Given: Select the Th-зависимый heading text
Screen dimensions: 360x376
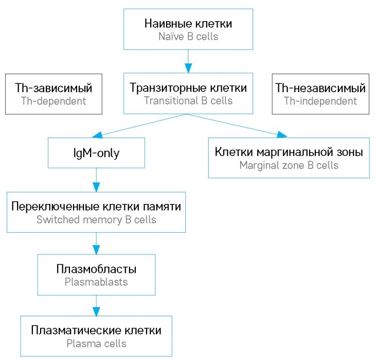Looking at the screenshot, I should click(x=53, y=88).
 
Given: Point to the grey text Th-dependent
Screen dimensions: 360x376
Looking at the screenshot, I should click(x=53, y=101).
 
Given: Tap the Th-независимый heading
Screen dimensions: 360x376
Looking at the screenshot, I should click(x=320, y=88).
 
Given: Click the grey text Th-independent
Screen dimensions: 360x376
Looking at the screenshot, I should click(x=320, y=101).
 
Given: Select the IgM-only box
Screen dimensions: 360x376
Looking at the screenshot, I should click(x=96, y=153).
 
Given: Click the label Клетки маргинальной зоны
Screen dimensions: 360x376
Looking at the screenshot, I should click(x=289, y=152).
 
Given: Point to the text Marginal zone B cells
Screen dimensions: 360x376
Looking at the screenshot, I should click(x=289, y=165).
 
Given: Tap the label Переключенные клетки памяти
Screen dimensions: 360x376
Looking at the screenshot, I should click(x=96, y=206).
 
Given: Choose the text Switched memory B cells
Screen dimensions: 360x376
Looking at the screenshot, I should click(x=96, y=219).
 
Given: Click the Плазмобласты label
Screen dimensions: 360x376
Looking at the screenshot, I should click(x=96, y=269).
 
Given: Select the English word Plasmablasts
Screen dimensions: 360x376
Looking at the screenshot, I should click(x=96, y=282).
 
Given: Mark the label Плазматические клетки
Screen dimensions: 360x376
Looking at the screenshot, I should click(x=96, y=330).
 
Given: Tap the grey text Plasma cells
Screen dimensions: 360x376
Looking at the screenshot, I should click(x=96, y=343).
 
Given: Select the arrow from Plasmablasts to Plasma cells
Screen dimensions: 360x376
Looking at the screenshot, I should click(x=96, y=305).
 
